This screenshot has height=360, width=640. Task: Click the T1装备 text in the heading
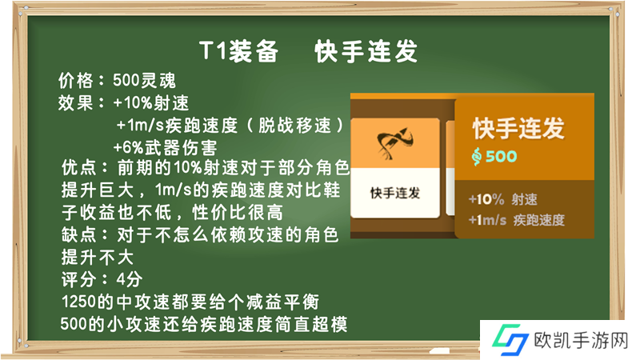pyautogui.click(x=238, y=51)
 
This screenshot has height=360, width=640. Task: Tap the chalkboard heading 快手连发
pyautogui.click(x=366, y=51)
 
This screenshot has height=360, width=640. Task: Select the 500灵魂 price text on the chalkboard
pyautogui.click(x=144, y=81)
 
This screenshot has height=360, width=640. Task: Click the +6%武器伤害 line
pyautogui.click(x=165, y=147)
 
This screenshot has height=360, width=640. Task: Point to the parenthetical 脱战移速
pyautogui.click(x=295, y=126)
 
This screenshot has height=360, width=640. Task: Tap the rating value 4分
pyautogui.click(x=130, y=279)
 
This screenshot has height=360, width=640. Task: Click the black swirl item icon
pyautogui.click(x=395, y=143)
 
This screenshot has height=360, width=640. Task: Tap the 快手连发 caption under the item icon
pyautogui.click(x=395, y=193)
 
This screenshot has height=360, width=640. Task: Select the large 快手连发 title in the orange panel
pyautogui.click(x=518, y=128)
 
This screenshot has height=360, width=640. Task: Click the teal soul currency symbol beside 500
pyautogui.click(x=476, y=156)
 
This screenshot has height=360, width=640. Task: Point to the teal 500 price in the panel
pyautogui.click(x=502, y=156)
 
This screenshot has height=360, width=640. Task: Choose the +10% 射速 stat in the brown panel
pyautogui.click(x=503, y=199)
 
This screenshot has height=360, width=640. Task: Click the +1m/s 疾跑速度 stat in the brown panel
pyautogui.click(x=516, y=221)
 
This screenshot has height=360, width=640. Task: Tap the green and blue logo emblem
pyautogui.click(x=510, y=339)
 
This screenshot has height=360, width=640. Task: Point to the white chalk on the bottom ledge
pyautogui.click(x=439, y=350)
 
